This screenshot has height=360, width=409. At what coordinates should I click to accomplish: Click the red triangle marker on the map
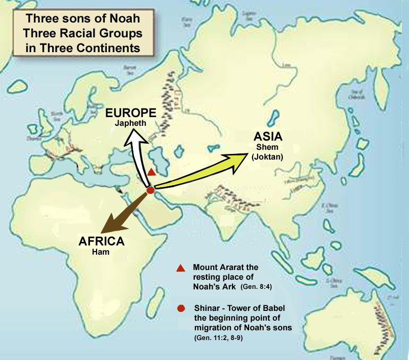point(151,173)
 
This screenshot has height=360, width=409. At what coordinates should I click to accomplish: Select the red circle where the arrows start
point(150,190)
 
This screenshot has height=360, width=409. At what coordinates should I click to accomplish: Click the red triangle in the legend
point(180,268)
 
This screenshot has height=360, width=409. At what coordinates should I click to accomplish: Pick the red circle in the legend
point(180,309)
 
